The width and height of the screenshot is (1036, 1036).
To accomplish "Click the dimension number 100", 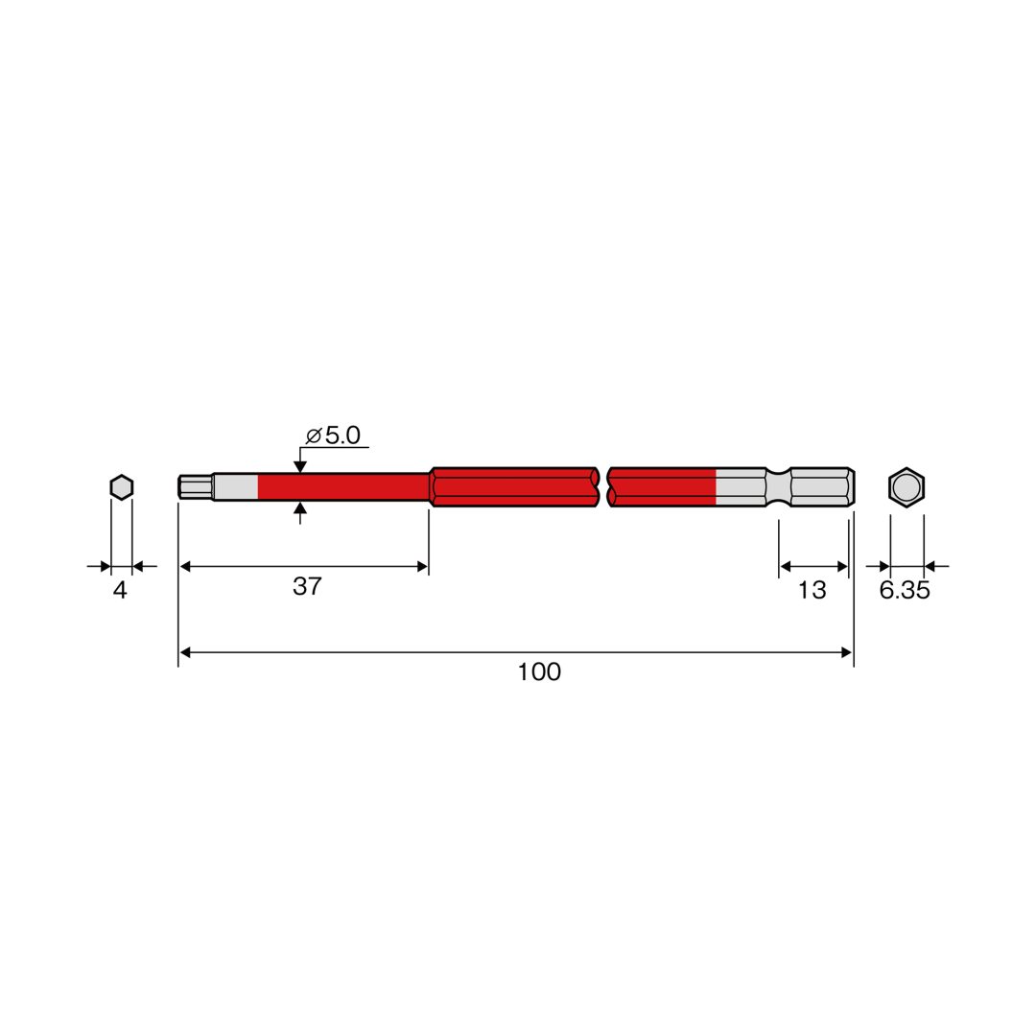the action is pos(538,671).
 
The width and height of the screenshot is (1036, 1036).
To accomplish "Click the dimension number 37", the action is pos(307,586).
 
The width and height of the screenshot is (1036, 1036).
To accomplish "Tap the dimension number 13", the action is pos(812,590).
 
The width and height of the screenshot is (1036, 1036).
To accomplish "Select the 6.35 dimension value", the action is pos(905,590).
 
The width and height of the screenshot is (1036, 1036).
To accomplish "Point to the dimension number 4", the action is pos(120,590).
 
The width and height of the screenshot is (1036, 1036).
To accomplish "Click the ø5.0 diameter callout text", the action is pos(333,436).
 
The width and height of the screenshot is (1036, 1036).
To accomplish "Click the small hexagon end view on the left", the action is pos(122,487).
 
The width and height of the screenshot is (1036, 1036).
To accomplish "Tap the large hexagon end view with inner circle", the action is pos(906,487).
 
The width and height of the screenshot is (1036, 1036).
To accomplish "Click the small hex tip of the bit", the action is pos(196,487).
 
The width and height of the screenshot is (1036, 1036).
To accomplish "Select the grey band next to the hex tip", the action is pos(235,487).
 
